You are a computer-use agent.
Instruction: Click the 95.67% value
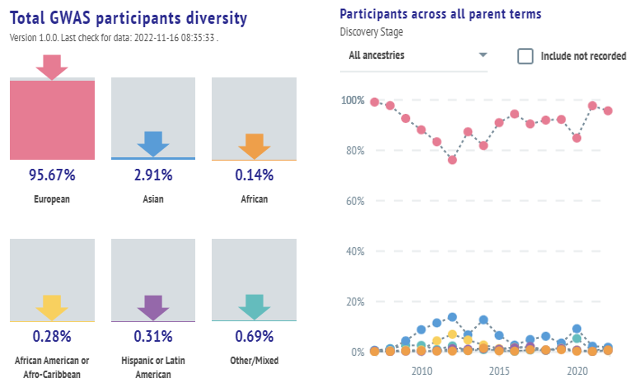(52, 175)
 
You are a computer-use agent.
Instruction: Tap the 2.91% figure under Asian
(153, 175)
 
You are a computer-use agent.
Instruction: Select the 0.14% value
(254, 175)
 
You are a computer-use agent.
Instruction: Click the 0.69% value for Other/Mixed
(254, 336)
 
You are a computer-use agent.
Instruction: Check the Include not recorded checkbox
(525, 56)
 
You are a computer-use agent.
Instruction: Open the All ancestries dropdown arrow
(483, 55)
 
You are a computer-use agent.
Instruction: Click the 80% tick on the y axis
(355, 151)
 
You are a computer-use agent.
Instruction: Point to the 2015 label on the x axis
(499, 371)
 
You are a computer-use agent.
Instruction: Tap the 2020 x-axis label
(577, 371)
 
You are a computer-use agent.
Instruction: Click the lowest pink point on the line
(452, 160)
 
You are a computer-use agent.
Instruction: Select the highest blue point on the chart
(452, 317)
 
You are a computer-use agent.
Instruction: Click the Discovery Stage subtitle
(371, 32)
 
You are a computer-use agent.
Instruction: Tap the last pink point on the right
(608, 111)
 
